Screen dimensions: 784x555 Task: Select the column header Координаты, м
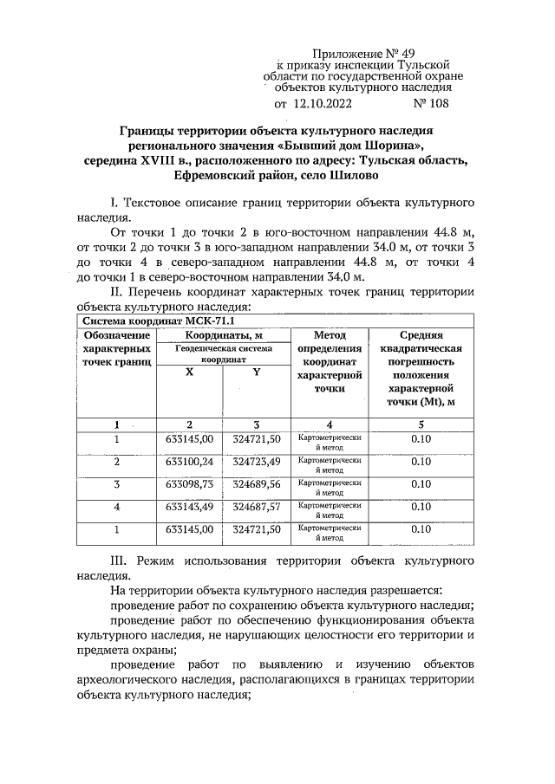click(224, 334)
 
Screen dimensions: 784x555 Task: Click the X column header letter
click(189, 372)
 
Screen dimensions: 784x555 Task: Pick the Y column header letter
click(256, 372)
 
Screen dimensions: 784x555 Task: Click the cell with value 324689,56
click(256, 483)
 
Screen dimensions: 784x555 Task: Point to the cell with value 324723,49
click(256, 462)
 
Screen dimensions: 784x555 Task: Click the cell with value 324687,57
click(256, 506)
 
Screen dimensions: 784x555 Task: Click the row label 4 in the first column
click(116, 506)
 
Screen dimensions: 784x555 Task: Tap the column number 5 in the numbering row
click(421, 424)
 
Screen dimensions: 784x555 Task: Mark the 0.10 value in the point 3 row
click(421, 483)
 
